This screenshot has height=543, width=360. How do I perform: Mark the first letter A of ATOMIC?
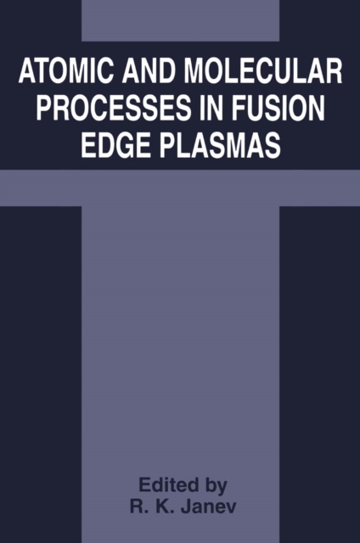click(x=26, y=75)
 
